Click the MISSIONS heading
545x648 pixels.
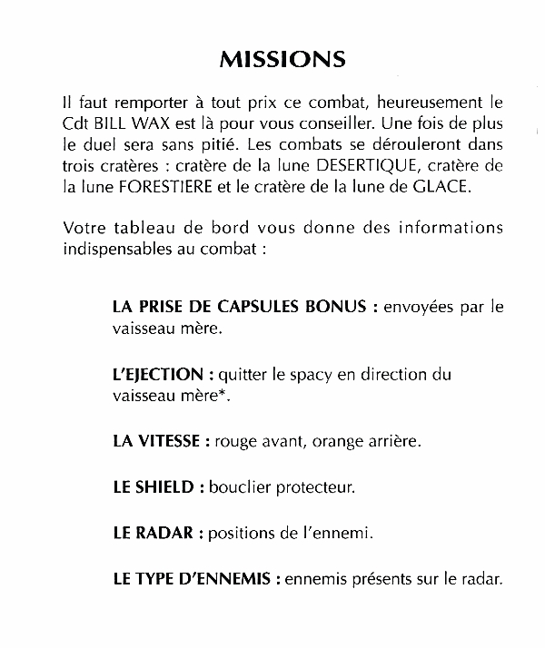[282, 60]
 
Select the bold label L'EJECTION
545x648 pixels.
[157, 374]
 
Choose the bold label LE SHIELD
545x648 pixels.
[154, 487]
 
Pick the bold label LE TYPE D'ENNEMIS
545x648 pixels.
[191, 578]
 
